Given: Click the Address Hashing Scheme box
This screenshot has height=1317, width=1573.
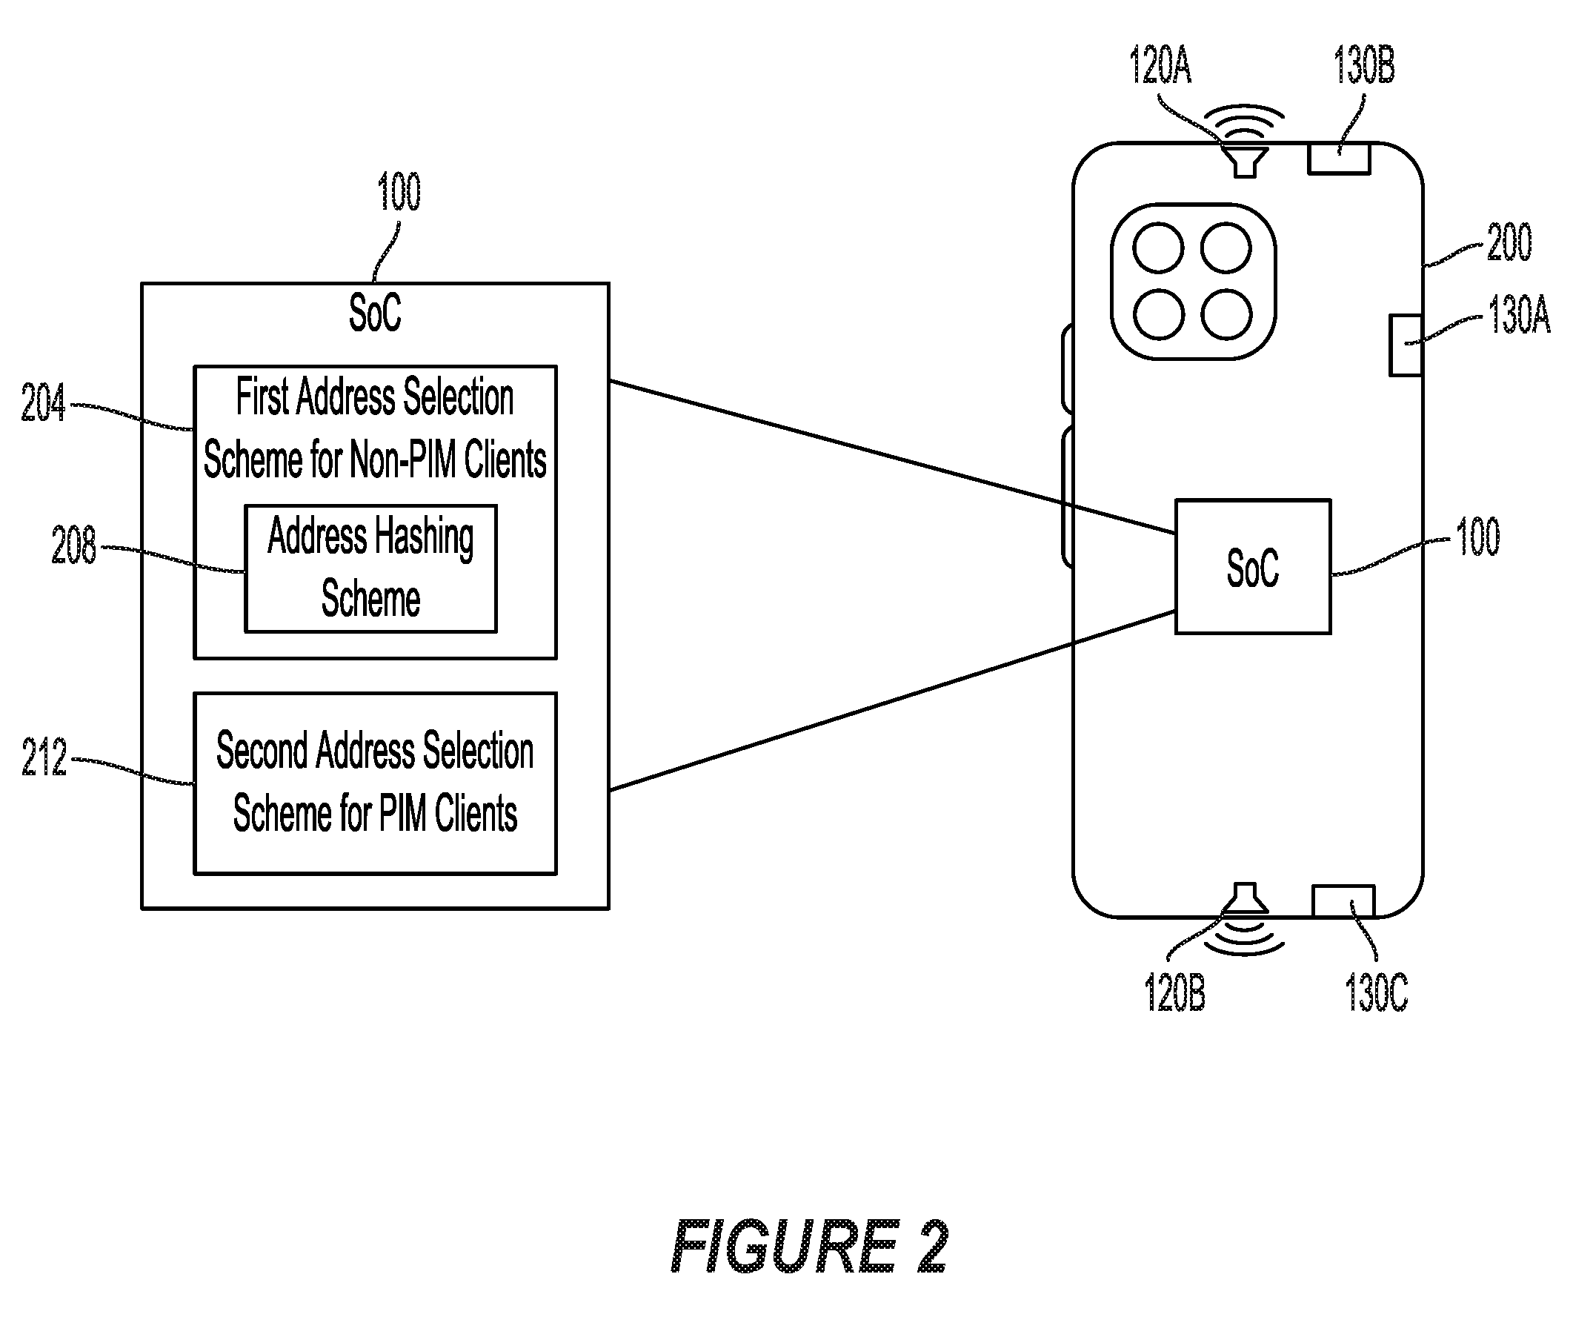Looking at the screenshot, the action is pyautogui.click(x=370, y=568).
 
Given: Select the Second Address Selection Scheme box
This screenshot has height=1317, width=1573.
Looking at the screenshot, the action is pyautogui.click(x=375, y=783).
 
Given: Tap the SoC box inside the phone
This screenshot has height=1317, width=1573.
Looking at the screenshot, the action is pyautogui.click(x=1253, y=566).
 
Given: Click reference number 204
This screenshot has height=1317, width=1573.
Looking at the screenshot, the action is pyautogui.click(x=44, y=403).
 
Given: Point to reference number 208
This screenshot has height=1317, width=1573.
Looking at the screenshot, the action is pyautogui.click(x=73, y=545).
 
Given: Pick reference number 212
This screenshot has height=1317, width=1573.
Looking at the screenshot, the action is pyautogui.click(x=44, y=757).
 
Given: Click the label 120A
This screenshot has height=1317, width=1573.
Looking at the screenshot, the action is pyautogui.click(x=1160, y=65).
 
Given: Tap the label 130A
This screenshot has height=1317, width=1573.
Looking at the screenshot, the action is pyautogui.click(x=1519, y=315).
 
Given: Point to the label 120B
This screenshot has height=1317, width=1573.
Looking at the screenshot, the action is pyautogui.click(x=1175, y=992).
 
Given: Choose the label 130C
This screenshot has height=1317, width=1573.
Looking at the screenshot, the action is pyautogui.click(x=1377, y=992).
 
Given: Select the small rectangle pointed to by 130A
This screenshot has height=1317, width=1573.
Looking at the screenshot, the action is pyautogui.click(x=1406, y=345).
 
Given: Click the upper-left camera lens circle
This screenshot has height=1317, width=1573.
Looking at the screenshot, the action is pyautogui.click(x=1158, y=248).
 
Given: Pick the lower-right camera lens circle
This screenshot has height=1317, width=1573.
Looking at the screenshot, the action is pyautogui.click(x=1226, y=315).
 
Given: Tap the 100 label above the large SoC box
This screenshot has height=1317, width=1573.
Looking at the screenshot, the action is pyautogui.click(x=399, y=191).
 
